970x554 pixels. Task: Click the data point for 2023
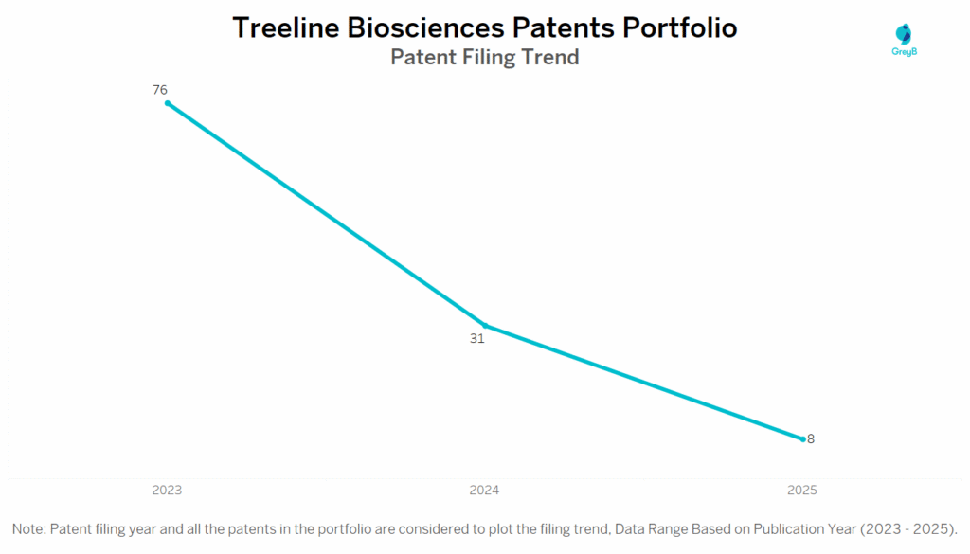click(x=168, y=103)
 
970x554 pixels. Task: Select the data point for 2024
click(x=485, y=325)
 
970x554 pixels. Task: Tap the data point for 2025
click(x=803, y=439)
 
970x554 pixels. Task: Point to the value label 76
click(x=159, y=90)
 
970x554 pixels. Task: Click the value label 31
click(x=477, y=339)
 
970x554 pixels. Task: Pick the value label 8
click(x=811, y=439)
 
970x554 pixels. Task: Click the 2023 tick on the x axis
click(x=167, y=491)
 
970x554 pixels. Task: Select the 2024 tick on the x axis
click(x=484, y=491)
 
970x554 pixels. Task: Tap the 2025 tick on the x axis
click(x=802, y=491)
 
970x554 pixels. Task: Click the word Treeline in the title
click(x=286, y=27)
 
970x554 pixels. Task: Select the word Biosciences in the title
click(x=425, y=27)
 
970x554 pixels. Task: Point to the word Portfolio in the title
click(x=680, y=27)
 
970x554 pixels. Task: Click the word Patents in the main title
click(x=563, y=27)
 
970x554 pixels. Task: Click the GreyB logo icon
click(x=904, y=34)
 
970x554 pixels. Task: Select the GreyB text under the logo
click(x=905, y=52)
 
